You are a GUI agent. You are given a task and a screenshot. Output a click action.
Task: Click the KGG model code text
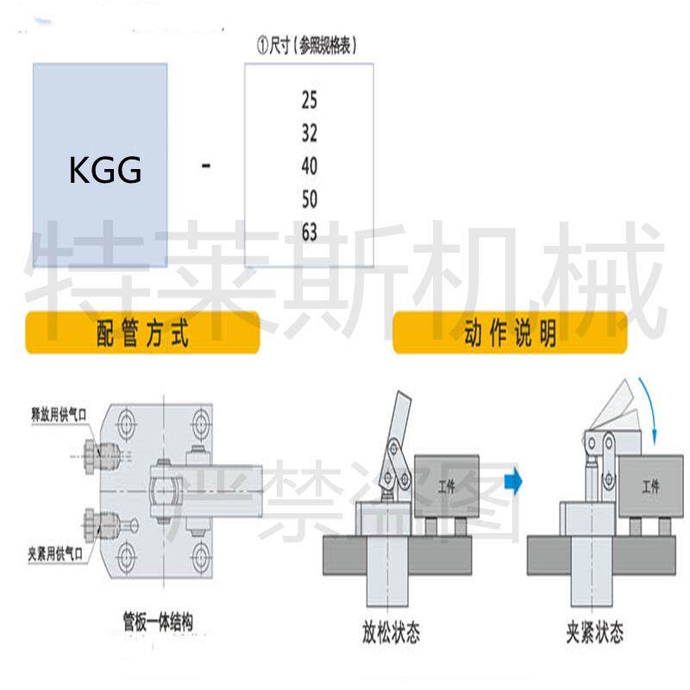click(105, 170)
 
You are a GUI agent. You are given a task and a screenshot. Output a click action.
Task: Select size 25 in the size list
click(310, 101)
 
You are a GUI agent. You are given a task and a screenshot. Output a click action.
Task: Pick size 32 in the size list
click(310, 134)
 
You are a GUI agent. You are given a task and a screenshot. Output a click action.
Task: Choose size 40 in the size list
click(310, 166)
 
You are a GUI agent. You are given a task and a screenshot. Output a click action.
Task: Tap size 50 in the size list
click(310, 199)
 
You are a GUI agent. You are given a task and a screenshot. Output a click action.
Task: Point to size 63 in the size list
click(310, 232)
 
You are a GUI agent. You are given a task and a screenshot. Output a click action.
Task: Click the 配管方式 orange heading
click(142, 335)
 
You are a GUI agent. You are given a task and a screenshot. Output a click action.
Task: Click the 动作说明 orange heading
click(510, 335)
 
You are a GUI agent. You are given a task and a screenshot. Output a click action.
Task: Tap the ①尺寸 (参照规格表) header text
click(308, 46)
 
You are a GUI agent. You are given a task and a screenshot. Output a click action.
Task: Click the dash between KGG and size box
click(205, 164)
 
